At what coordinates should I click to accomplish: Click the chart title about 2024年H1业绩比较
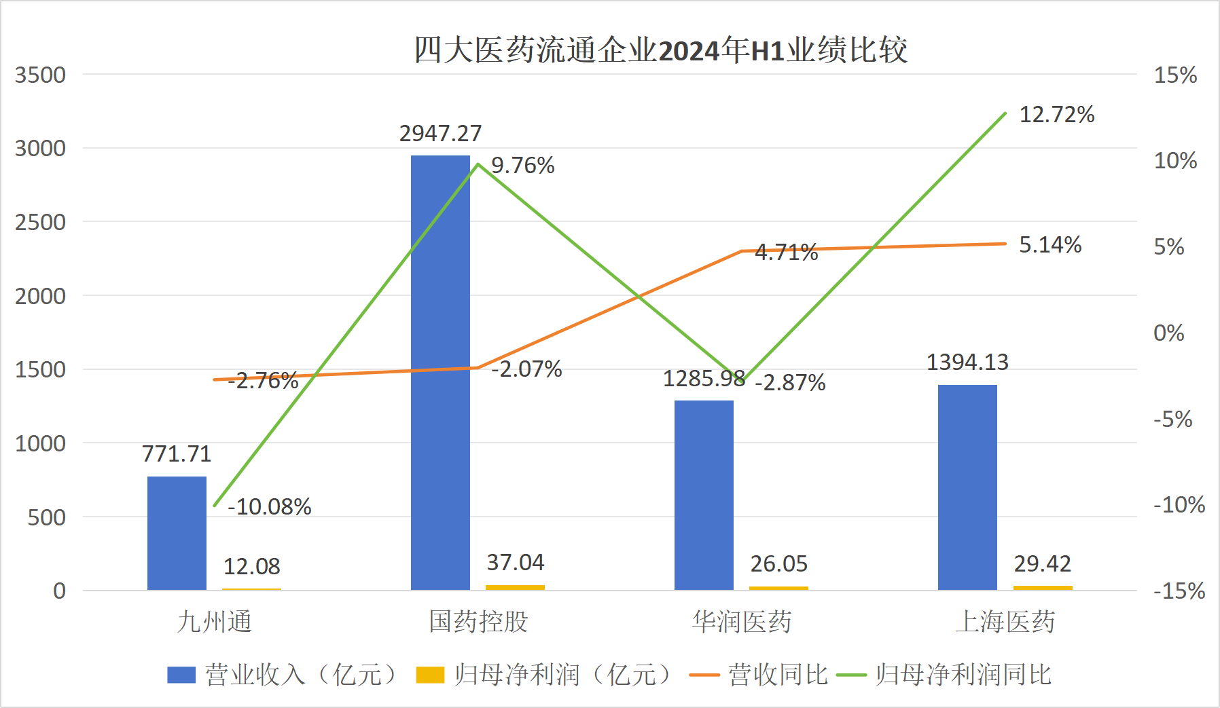point(660,50)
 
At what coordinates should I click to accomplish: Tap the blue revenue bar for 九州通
point(177,533)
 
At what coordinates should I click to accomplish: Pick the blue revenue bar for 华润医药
point(704,495)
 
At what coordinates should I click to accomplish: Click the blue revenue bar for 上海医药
point(967,487)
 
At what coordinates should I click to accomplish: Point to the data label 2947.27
point(440,134)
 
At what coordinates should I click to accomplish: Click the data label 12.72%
point(1056,115)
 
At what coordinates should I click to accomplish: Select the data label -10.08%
point(270,506)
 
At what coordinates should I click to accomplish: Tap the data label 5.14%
point(1050,245)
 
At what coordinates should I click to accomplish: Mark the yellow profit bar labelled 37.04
point(515,587)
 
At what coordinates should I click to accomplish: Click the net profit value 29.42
point(1042,563)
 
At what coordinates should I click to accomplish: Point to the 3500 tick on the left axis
point(41,75)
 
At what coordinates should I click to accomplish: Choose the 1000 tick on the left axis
point(41,443)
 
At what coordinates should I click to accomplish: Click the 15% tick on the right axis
point(1175,75)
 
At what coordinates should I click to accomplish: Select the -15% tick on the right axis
point(1179,591)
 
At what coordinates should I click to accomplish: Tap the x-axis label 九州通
point(214,621)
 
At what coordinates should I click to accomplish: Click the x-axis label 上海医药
point(1005,621)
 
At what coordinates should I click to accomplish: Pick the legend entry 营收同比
point(778,675)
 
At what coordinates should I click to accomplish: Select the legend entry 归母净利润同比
point(963,675)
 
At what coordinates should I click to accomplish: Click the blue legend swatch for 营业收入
point(181,675)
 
